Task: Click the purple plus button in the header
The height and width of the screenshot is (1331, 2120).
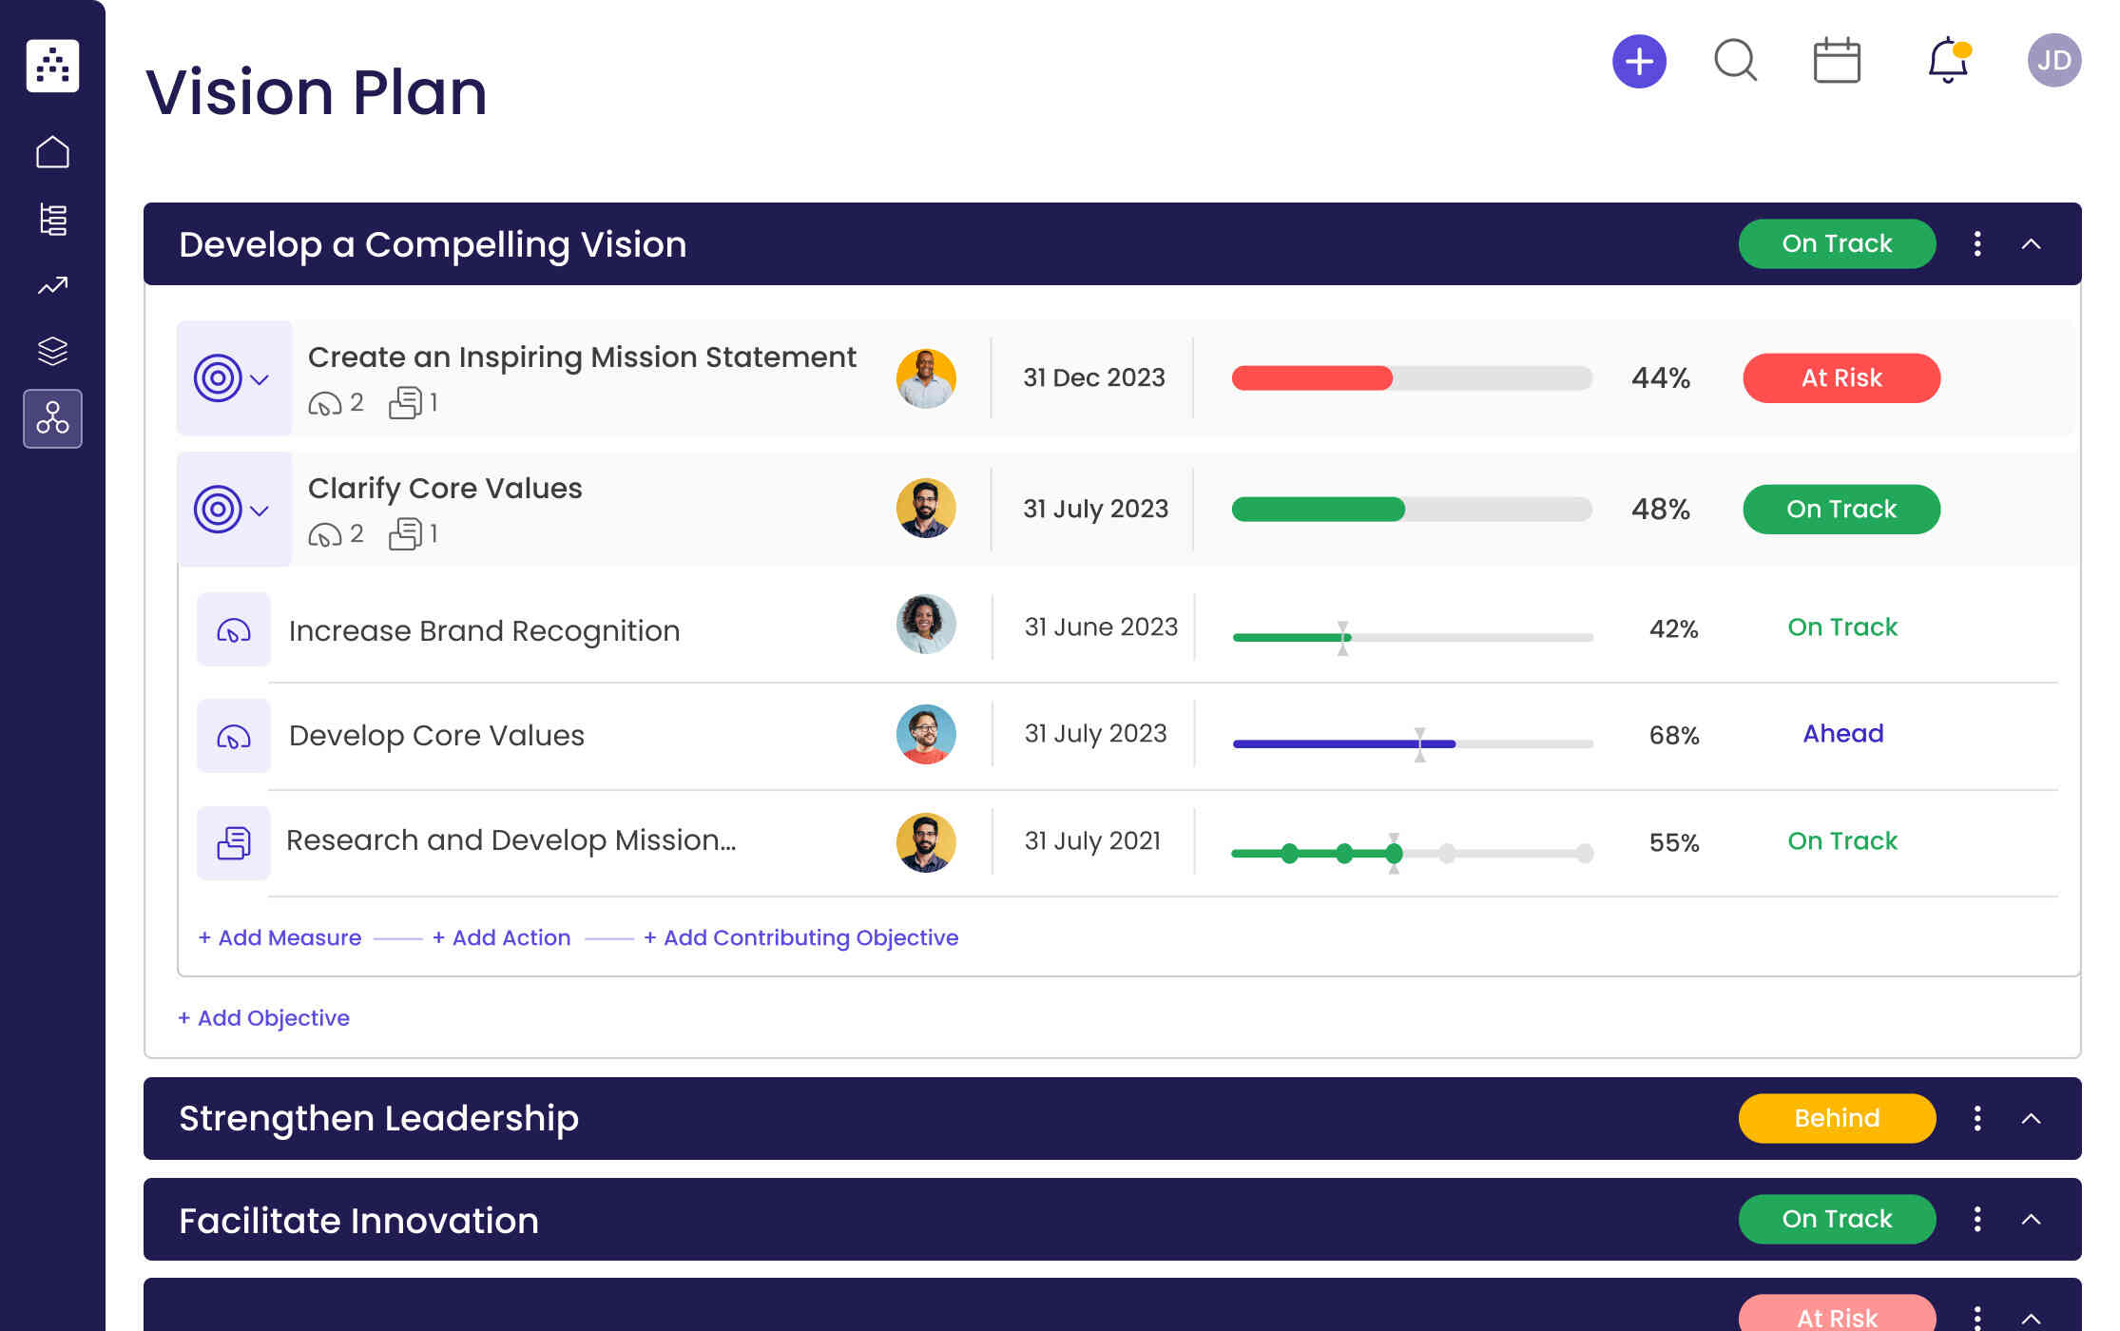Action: (x=1639, y=62)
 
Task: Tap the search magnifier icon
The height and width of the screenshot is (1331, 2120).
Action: (x=1735, y=61)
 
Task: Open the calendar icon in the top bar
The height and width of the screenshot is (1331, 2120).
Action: (x=1836, y=61)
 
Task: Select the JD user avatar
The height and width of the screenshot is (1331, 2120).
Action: (x=2053, y=61)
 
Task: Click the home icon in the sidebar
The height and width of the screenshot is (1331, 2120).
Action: (x=52, y=152)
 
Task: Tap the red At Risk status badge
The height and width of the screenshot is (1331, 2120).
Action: (x=1841, y=378)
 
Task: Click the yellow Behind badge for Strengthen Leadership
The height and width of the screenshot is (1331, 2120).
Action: (x=1836, y=1118)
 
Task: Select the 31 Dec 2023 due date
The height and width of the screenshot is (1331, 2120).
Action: (x=1093, y=378)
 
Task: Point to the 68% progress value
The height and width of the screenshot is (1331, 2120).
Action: (x=1673, y=736)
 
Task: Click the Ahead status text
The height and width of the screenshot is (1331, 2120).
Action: (x=1842, y=734)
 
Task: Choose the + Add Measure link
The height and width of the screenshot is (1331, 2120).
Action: (x=279, y=938)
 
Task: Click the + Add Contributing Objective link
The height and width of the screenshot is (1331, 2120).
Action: (x=800, y=938)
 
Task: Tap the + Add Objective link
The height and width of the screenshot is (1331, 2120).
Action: (x=263, y=1018)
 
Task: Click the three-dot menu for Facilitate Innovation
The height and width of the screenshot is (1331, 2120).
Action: (x=1977, y=1219)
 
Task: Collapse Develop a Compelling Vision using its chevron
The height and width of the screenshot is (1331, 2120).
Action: (x=2031, y=244)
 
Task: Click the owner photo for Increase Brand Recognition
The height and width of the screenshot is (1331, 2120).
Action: (x=925, y=625)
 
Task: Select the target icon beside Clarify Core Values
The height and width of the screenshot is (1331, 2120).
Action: (x=218, y=510)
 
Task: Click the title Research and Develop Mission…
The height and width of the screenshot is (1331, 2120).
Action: (x=511, y=840)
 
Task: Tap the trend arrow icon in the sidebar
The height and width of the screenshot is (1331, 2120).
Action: (x=52, y=285)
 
